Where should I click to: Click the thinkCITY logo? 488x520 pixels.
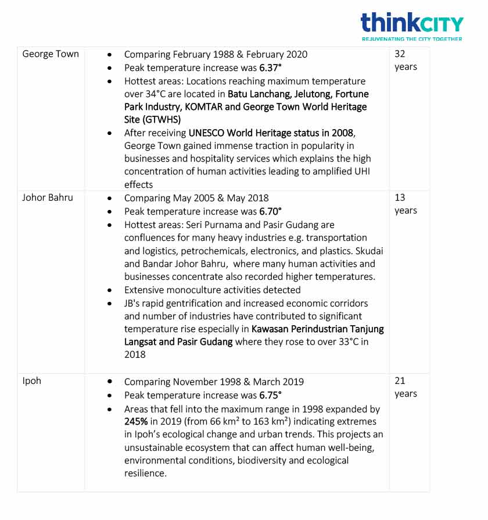411,23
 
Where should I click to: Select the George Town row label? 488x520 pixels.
51,54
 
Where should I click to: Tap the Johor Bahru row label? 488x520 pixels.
48,198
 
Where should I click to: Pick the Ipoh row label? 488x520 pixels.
32,382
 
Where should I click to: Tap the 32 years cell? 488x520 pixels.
405,60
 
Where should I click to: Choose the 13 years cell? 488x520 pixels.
405,204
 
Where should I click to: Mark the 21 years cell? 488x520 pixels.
405,387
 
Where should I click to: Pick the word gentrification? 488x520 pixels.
189,303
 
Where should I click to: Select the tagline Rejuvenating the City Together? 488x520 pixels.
411,39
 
